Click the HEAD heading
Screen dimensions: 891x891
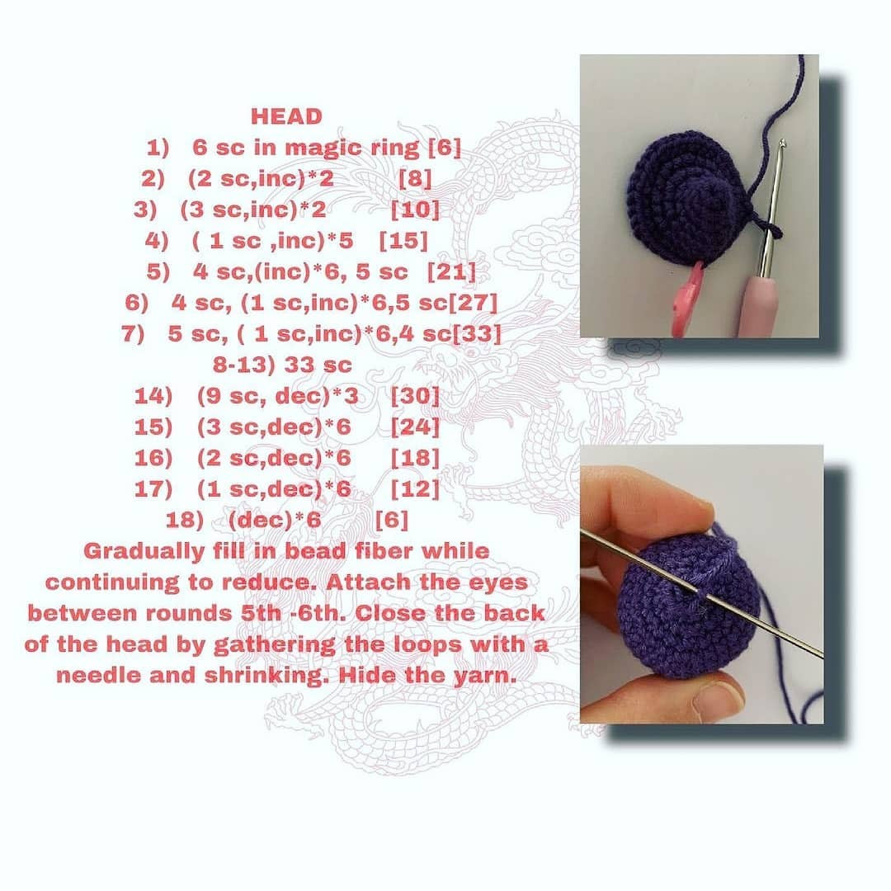coord(286,116)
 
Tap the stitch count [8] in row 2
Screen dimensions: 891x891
coord(414,179)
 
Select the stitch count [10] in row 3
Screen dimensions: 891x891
coord(415,210)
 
